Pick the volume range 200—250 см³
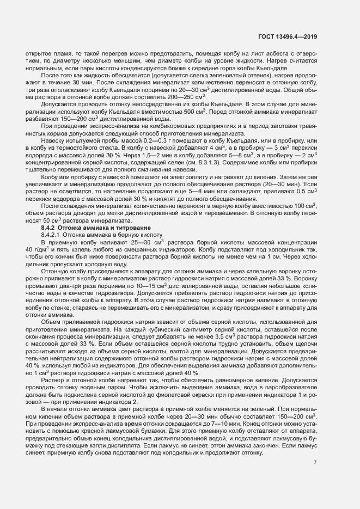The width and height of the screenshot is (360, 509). pyautogui.click(x=155, y=96)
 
